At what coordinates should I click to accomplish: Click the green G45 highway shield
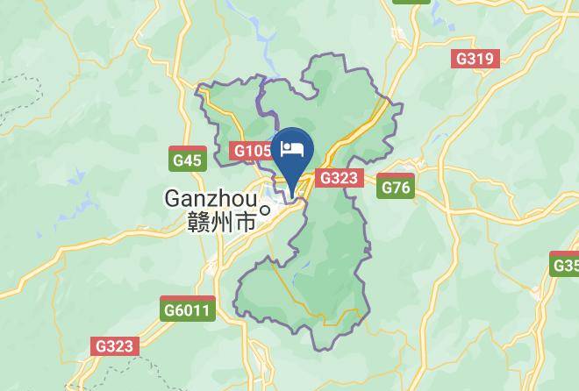(187, 160)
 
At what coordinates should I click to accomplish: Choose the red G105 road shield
(252, 152)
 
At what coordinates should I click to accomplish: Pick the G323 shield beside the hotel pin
(338, 178)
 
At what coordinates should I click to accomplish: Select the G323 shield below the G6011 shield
(115, 345)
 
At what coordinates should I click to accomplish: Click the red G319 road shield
(475, 60)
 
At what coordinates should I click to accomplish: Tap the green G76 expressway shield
(395, 187)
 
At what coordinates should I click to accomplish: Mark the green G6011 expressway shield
(187, 310)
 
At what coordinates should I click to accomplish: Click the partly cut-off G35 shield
(565, 265)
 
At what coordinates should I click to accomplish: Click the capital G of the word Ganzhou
(174, 200)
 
